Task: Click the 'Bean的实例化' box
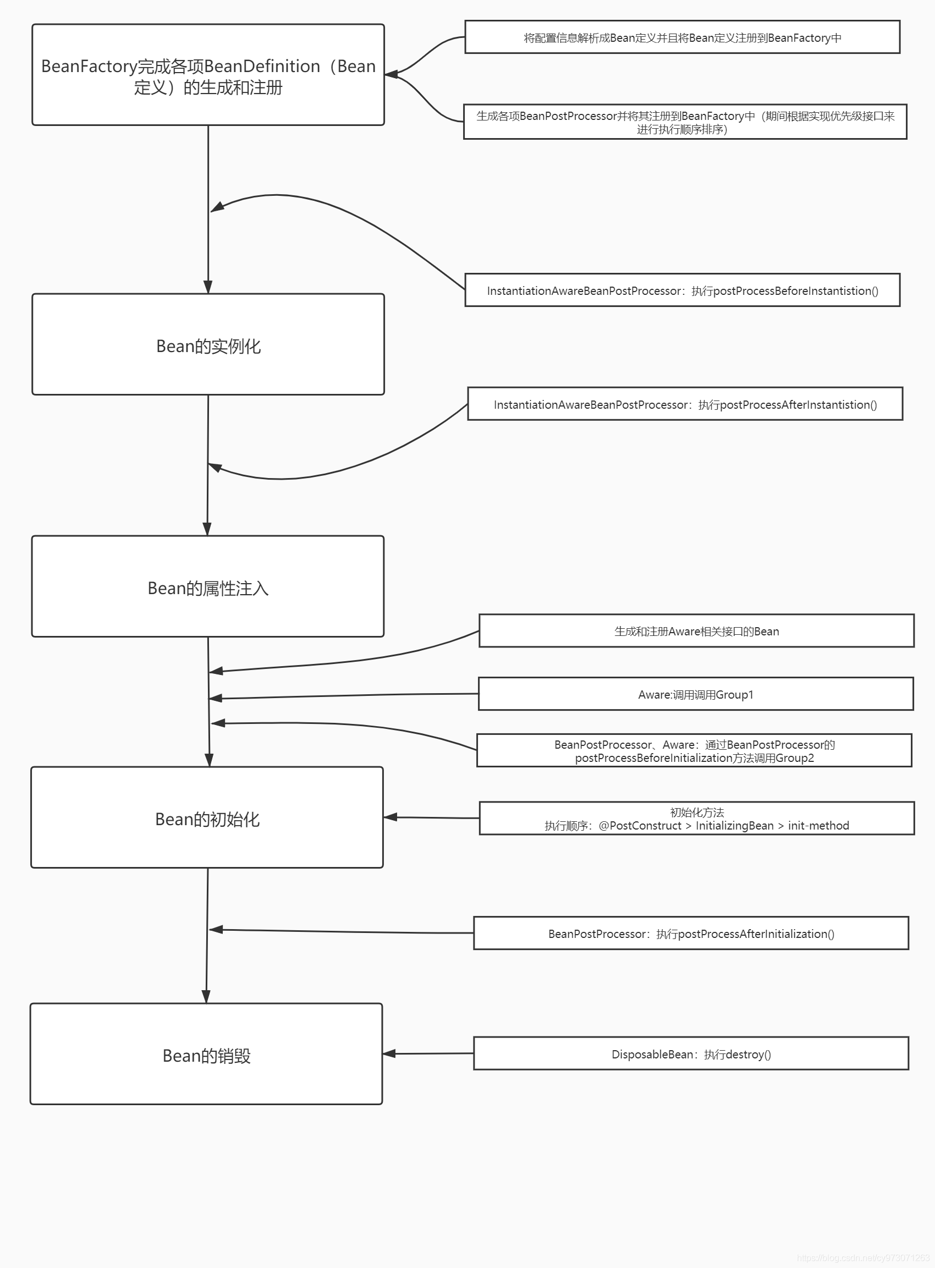point(208,344)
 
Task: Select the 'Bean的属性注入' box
point(208,586)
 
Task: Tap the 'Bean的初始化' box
point(207,817)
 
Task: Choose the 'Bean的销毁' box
point(207,1054)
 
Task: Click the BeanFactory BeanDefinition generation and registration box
point(208,75)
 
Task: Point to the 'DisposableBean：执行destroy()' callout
point(691,1053)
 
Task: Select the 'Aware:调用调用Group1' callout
point(696,694)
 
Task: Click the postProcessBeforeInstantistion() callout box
point(683,290)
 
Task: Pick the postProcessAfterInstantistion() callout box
point(685,404)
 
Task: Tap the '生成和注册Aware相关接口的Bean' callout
point(697,630)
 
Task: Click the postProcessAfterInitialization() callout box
point(691,934)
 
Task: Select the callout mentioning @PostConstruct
point(697,819)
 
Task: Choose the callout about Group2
point(695,750)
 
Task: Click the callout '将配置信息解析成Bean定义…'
point(683,37)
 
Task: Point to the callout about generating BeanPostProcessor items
point(685,122)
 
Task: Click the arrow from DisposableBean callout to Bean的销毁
point(428,1053)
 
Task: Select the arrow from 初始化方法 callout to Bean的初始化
point(432,817)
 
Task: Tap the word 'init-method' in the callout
point(818,826)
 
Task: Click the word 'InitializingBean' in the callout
point(735,826)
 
